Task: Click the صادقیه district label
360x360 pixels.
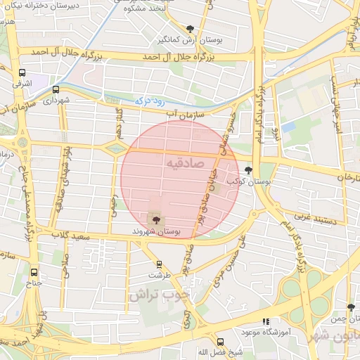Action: click(x=184, y=163)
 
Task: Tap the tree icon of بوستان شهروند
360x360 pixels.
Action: click(x=155, y=219)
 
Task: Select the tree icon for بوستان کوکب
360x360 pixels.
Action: click(x=247, y=169)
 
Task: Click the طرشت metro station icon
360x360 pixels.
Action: click(x=159, y=265)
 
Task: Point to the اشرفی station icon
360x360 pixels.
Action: click(x=22, y=72)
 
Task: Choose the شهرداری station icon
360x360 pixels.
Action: click(x=56, y=90)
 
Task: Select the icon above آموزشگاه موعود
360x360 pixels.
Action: click(x=266, y=321)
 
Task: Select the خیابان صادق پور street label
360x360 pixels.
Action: click(x=212, y=186)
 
